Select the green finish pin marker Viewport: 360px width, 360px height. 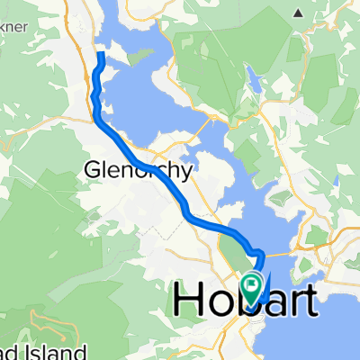pyautogui.click(x=253, y=287)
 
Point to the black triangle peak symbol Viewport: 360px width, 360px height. pyautogui.click(x=297, y=13)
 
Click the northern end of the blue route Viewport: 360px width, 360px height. pyautogui.click(x=101, y=56)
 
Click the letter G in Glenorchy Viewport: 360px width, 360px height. pyautogui.click(x=93, y=168)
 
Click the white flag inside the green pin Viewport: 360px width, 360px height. pyautogui.click(x=253, y=284)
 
